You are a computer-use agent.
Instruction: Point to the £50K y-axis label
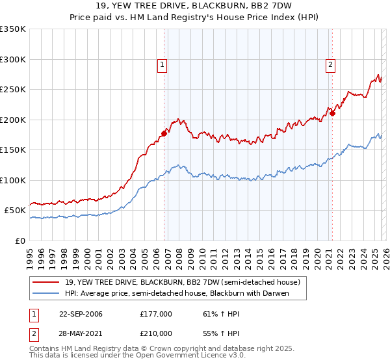[x=14, y=211]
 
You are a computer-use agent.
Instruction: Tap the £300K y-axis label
[x=14, y=59]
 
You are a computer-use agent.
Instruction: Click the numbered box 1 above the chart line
[x=161, y=64]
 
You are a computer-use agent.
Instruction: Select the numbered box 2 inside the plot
[x=331, y=64]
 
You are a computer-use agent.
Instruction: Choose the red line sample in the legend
[x=47, y=283]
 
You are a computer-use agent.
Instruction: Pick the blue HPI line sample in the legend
[x=47, y=294]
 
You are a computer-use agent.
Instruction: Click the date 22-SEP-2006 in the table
[x=81, y=314]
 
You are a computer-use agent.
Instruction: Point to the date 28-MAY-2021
[x=81, y=333]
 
